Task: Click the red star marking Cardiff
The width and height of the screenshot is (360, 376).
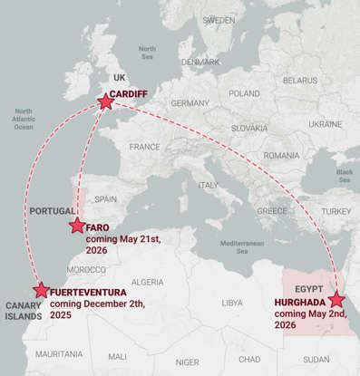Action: point(105,102)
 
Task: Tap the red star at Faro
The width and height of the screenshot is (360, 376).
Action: point(76,226)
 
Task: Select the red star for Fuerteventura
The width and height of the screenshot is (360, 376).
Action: point(41,291)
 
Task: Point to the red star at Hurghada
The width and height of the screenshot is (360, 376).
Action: point(337,300)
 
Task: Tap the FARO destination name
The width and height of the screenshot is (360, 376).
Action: point(97,227)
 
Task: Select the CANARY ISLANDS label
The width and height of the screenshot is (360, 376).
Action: point(24,310)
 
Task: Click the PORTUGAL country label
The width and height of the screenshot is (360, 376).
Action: point(52,210)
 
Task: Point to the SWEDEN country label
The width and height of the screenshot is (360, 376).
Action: point(219,19)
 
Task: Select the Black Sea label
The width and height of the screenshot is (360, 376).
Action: point(345,174)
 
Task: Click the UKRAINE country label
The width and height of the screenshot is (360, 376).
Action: point(325,124)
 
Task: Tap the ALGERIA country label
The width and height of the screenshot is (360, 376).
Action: point(147,282)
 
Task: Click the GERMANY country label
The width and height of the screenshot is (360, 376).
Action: point(190,102)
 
